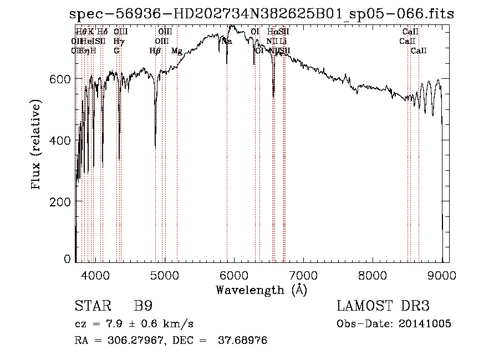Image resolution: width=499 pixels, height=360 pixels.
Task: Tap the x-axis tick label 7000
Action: click(303, 274)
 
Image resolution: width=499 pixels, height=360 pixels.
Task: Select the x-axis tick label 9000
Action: click(442, 274)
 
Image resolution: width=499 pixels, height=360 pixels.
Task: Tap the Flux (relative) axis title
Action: click(37, 145)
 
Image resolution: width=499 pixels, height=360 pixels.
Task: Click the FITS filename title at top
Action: click(261, 14)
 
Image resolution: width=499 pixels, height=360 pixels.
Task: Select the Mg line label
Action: click(177, 51)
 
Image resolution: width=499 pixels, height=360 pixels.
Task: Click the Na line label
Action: click(227, 41)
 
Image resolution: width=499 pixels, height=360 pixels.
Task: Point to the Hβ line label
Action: click(155, 51)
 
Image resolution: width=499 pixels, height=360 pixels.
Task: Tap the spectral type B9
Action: click(142, 306)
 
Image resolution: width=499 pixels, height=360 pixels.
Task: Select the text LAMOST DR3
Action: click(383, 306)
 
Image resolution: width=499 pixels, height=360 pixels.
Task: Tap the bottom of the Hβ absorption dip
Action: click(155, 145)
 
